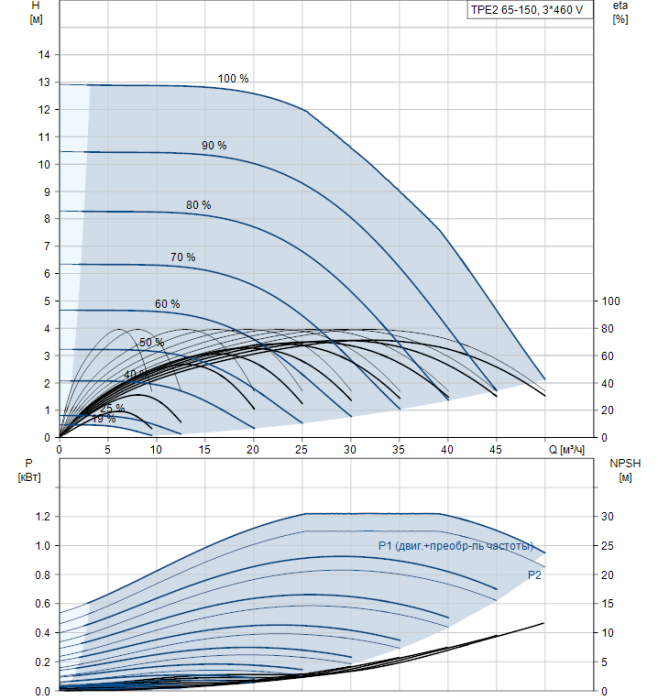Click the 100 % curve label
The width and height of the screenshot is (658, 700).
click(233, 78)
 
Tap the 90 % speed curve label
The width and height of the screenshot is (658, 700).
click(214, 145)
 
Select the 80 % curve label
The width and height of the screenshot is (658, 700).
click(198, 205)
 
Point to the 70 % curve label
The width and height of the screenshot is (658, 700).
click(183, 257)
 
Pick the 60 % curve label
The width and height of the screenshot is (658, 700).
click(167, 303)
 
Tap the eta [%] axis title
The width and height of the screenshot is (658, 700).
click(620, 13)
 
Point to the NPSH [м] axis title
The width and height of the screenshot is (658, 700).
click(622, 470)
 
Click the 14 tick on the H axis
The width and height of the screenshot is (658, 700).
click(43, 56)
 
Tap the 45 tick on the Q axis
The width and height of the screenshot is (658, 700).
click(496, 450)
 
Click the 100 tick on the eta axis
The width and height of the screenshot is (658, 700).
click(611, 301)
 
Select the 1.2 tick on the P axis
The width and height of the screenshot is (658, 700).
click(40, 516)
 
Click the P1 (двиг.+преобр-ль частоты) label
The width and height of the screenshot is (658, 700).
click(456, 545)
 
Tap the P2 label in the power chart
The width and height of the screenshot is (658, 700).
click(535, 575)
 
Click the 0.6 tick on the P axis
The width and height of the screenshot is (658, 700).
click(40, 603)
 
